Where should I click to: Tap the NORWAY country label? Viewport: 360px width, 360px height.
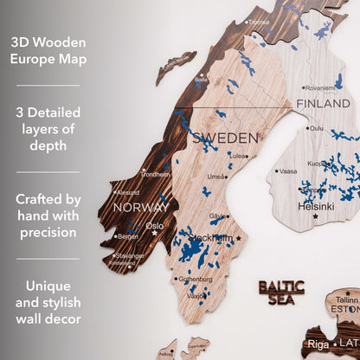coord(139,208)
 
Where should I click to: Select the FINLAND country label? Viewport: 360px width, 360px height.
coord(323,104)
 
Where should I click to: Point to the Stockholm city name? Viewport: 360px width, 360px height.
coord(209,238)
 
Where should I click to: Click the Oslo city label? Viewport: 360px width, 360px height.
coord(154,226)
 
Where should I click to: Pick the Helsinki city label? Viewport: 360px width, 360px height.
coord(316,207)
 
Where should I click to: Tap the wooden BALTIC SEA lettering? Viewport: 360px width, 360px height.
coord(281,292)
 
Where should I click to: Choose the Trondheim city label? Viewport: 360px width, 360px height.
coord(156,174)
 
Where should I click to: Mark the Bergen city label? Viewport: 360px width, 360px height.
coord(127,236)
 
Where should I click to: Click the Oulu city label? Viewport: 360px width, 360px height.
coord(316,128)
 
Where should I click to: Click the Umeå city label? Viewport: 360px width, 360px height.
coord(219,176)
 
